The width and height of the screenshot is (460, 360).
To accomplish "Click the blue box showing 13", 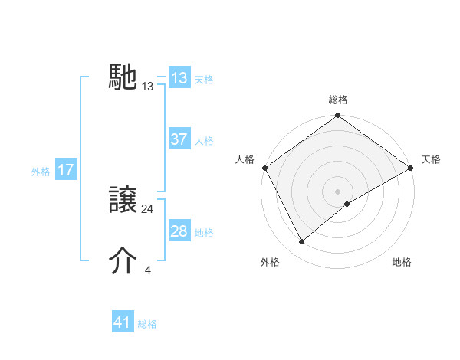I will tap(179, 78).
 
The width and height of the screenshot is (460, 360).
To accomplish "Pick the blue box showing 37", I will tap(179, 140).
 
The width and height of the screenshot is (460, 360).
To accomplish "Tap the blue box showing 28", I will tap(179, 231).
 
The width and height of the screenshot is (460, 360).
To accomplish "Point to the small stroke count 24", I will tap(148, 209).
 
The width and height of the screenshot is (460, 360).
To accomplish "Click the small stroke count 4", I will tap(148, 270).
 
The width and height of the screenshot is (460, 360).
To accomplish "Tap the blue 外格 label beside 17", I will tap(41, 172).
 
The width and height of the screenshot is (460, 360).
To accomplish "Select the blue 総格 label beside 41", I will tap(147, 324).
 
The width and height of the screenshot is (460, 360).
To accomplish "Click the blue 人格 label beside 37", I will tap(204, 141).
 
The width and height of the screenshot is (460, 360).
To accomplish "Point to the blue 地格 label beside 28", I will tap(204, 232).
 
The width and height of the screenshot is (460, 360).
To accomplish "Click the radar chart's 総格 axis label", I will tap(338, 100).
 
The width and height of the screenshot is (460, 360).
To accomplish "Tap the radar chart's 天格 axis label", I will tap(431, 159).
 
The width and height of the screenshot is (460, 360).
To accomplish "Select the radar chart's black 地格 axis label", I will tap(402, 262).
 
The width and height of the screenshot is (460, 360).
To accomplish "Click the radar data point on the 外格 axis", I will tap(302, 242).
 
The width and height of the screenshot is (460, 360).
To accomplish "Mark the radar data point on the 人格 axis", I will tap(264, 168).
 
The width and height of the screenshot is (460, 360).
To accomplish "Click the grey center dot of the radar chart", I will tap(338, 191).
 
